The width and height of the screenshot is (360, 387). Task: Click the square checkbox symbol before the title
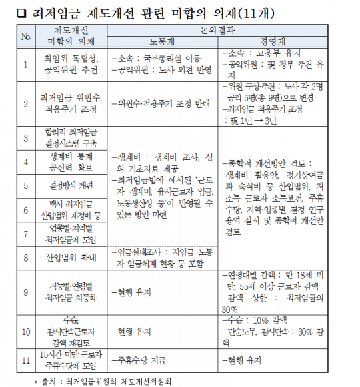point(22,11)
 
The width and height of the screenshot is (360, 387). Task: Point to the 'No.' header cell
point(25,35)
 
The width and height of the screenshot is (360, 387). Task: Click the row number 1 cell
point(25,64)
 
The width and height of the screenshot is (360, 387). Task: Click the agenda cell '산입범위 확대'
point(71,256)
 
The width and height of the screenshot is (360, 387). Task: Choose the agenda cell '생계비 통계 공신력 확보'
point(71,161)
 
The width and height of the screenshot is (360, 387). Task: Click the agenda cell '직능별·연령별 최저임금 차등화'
point(71,292)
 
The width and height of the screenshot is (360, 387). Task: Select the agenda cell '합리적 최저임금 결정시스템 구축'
point(71,138)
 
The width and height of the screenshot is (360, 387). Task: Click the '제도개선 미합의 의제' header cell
point(71,35)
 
